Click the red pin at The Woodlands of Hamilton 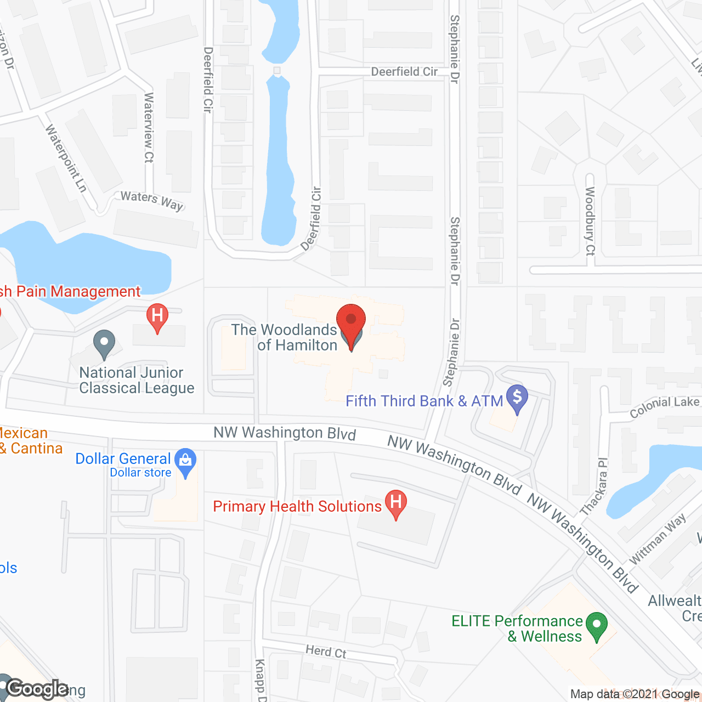(351, 320)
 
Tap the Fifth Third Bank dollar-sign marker (517, 397)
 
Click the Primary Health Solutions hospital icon (395, 502)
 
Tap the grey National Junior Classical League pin (104, 343)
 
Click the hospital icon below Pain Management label (157, 316)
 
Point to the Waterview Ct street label (149, 128)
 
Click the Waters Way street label (151, 200)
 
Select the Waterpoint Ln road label (66, 158)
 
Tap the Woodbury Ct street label (590, 221)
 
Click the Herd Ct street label (326, 652)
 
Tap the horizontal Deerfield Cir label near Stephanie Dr (404, 72)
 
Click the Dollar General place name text (123, 459)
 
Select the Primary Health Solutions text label (297, 506)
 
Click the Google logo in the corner (37, 689)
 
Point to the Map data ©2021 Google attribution (635, 694)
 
